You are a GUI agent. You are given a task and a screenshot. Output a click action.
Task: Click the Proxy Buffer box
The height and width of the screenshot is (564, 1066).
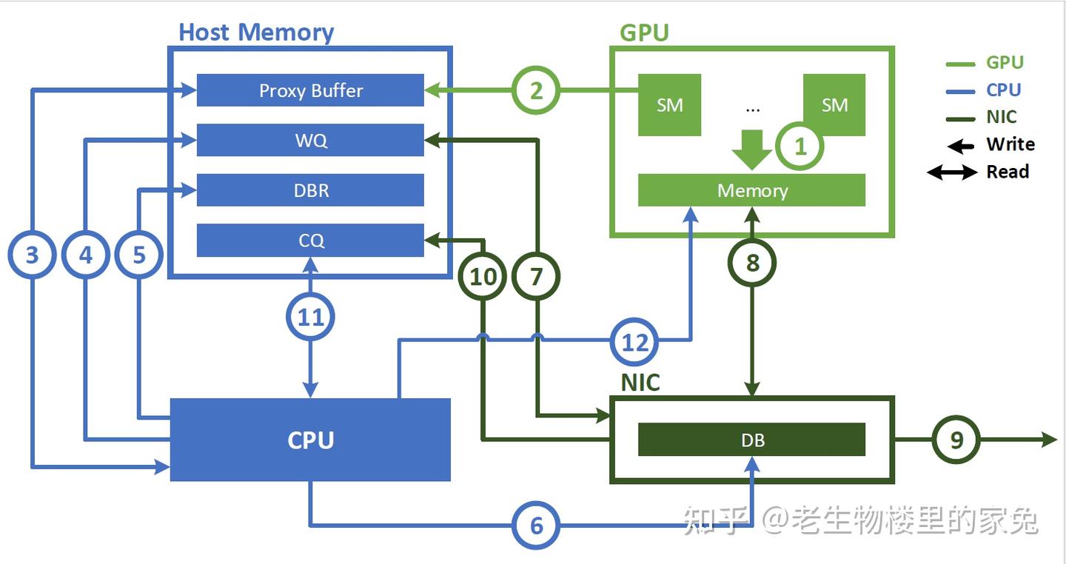click(x=310, y=90)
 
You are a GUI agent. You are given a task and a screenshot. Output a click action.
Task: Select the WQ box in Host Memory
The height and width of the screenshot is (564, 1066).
click(x=310, y=141)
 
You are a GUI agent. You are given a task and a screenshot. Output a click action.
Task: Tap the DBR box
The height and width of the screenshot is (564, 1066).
click(x=310, y=190)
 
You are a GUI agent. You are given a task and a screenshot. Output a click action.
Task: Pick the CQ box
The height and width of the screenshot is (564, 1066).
click(x=310, y=241)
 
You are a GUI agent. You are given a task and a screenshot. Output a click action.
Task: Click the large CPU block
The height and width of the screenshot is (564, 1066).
click(x=310, y=440)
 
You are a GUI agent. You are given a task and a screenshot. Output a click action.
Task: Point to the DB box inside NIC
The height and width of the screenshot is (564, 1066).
click(x=751, y=440)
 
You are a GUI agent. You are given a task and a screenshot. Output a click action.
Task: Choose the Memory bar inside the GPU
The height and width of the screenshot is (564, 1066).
click(x=751, y=190)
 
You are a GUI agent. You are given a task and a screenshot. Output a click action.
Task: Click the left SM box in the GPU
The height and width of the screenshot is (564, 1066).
click(x=669, y=105)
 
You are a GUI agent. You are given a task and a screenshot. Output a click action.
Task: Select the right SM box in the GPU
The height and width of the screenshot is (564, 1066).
click(x=834, y=105)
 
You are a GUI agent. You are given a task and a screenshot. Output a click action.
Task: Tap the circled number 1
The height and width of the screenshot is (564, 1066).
click(x=800, y=147)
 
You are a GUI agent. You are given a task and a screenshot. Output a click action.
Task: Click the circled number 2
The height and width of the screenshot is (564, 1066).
click(x=536, y=91)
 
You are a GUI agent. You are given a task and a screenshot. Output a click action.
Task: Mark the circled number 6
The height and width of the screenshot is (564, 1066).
click(x=536, y=526)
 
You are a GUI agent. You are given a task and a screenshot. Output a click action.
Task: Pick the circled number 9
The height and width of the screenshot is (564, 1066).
click(x=956, y=440)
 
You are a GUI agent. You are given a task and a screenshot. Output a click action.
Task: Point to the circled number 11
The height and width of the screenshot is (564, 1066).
click(x=310, y=318)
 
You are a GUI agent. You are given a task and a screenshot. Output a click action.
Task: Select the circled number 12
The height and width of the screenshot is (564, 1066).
click(x=635, y=342)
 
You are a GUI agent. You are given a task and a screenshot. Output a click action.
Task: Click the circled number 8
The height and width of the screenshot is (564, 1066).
click(x=752, y=262)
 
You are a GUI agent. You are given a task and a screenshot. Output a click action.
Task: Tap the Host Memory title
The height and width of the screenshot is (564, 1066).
click(x=256, y=33)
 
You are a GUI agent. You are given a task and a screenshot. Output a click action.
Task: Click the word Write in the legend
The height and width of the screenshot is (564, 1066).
click(x=1010, y=144)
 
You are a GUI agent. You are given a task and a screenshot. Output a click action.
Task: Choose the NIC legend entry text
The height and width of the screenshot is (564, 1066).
click(x=1002, y=117)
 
